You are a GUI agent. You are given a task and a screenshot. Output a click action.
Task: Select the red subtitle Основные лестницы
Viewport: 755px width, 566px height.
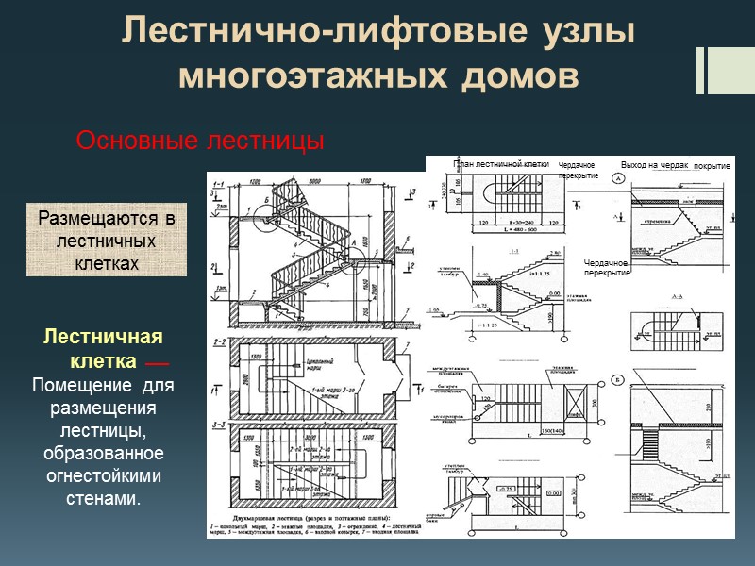point(199,141)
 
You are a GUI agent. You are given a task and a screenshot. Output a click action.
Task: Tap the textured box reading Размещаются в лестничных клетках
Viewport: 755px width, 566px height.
point(106,241)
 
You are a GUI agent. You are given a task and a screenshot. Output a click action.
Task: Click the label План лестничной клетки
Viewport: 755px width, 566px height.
point(500,164)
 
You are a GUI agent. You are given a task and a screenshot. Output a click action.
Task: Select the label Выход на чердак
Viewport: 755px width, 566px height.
point(654,164)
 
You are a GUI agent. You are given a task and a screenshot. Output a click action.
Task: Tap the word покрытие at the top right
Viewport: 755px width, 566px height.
point(712,166)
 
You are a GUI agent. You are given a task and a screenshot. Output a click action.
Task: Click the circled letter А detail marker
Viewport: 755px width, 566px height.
point(618,178)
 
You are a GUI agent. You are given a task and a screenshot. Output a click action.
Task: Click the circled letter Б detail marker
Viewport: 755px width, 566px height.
point(618,379)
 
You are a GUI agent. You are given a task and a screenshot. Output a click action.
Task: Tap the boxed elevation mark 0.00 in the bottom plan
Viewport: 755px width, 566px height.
point(555,491)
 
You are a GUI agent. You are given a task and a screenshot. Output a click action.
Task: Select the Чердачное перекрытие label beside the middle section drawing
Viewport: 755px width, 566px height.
point(605,267)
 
